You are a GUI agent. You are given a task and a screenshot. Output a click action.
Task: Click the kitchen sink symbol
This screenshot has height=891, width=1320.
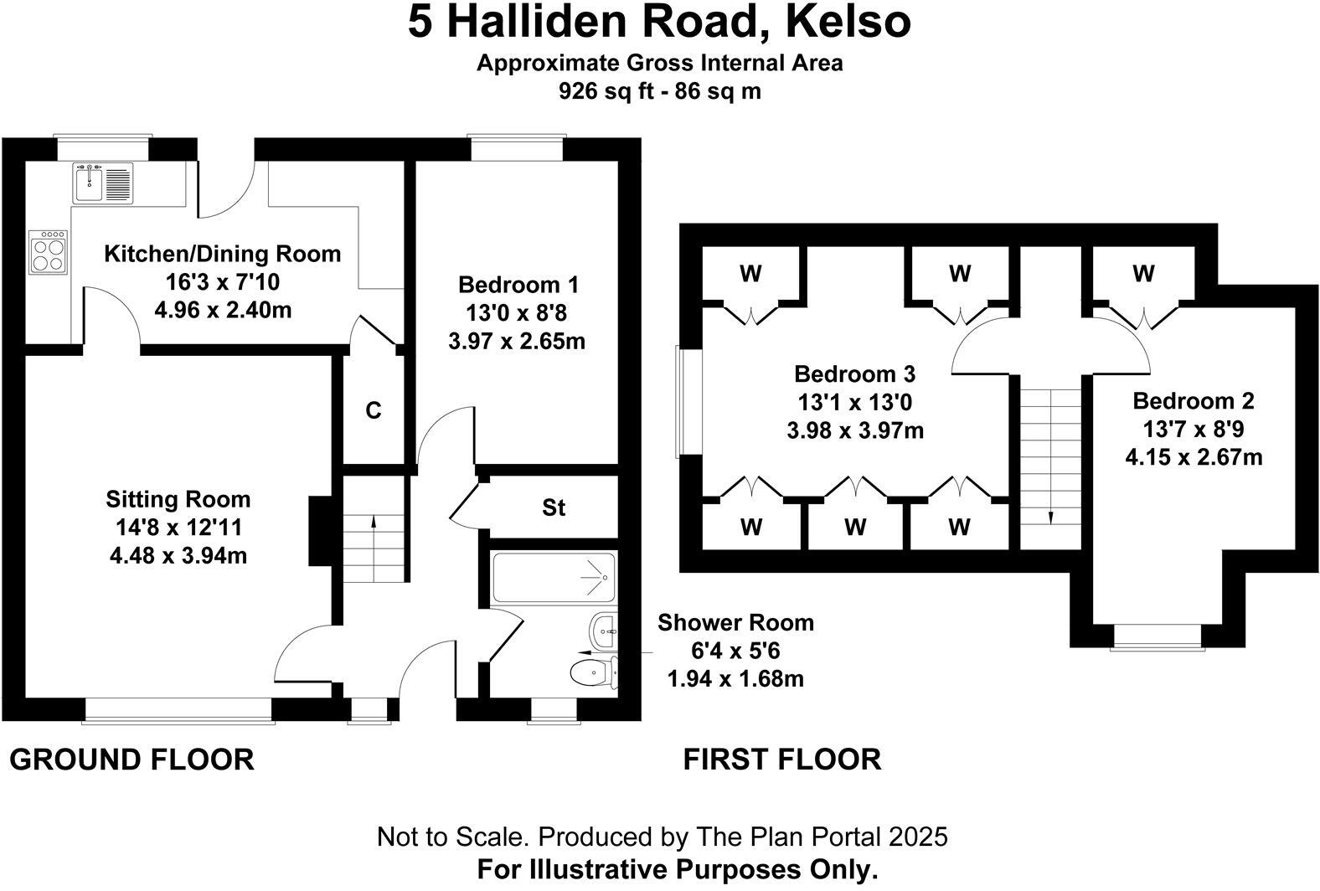tap(103, 183)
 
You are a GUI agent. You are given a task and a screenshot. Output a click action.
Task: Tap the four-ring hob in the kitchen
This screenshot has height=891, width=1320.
tap(49, 251)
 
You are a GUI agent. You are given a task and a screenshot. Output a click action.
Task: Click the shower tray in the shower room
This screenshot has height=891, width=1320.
tap(553, 577)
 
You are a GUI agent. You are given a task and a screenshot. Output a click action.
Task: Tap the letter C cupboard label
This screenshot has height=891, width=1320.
tap(373, 410)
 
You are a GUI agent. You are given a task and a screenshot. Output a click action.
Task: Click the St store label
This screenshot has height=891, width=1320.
tap(554, 507)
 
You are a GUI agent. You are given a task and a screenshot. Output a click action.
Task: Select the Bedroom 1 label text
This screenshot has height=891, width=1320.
tap(518, 285)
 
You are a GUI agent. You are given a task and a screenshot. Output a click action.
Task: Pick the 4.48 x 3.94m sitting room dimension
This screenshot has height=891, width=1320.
tap(178, 555)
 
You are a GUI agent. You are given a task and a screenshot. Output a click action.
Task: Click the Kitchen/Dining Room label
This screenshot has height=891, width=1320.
tap(223, 254)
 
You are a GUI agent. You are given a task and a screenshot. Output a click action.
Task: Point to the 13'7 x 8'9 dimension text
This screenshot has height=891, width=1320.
tap(1194, 429)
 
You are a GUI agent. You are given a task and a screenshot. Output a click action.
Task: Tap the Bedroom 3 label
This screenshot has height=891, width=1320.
tap(854, 373)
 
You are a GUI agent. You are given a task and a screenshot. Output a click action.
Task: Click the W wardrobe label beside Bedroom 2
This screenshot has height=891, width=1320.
tap(1143, 274)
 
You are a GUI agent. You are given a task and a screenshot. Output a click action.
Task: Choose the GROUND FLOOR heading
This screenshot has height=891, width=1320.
tap(132, 760)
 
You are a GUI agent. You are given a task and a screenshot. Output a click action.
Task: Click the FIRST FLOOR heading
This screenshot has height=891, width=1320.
tap(782, 759)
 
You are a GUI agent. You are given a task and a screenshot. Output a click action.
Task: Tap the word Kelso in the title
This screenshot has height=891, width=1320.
tap(848, 23)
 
